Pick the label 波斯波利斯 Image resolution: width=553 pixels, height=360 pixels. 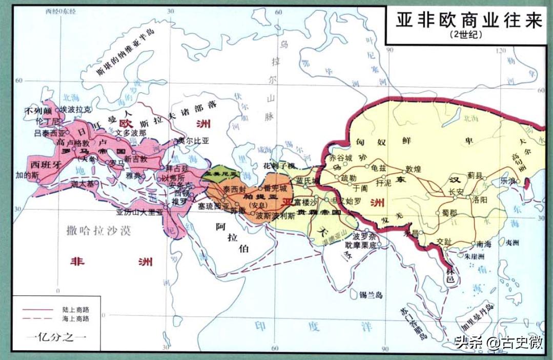click(276, 216)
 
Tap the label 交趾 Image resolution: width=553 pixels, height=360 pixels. click(445, 242)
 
